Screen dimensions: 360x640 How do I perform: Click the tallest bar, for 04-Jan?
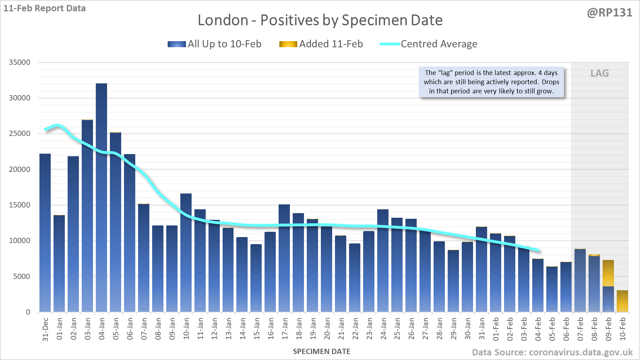tap(101, 197)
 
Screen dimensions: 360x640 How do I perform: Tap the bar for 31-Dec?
tap(45, 232)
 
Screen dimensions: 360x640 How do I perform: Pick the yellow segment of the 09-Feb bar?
tap(608, 273)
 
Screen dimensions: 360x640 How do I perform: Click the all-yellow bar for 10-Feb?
tap(622, 301)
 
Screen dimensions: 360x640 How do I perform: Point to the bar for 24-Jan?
tap(383, 261)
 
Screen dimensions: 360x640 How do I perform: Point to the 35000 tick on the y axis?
tap(20, 62)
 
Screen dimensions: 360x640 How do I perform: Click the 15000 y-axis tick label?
tap(20, 205)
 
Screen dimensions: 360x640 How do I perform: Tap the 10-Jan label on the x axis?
tap(186, 329)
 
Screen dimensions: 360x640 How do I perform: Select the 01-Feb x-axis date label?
tap(496, 329)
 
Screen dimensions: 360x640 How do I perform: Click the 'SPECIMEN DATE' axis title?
tap(322, 352)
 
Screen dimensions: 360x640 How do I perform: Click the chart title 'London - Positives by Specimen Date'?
tap(320, 20)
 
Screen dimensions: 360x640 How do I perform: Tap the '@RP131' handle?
tap(609, 13)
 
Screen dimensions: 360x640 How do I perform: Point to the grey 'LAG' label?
tap(599, 73)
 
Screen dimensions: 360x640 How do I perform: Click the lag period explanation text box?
tap(491, 82)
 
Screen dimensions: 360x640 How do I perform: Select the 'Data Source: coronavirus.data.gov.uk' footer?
tap(552, 352)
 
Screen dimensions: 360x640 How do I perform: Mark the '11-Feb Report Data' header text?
tap(45, 8)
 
